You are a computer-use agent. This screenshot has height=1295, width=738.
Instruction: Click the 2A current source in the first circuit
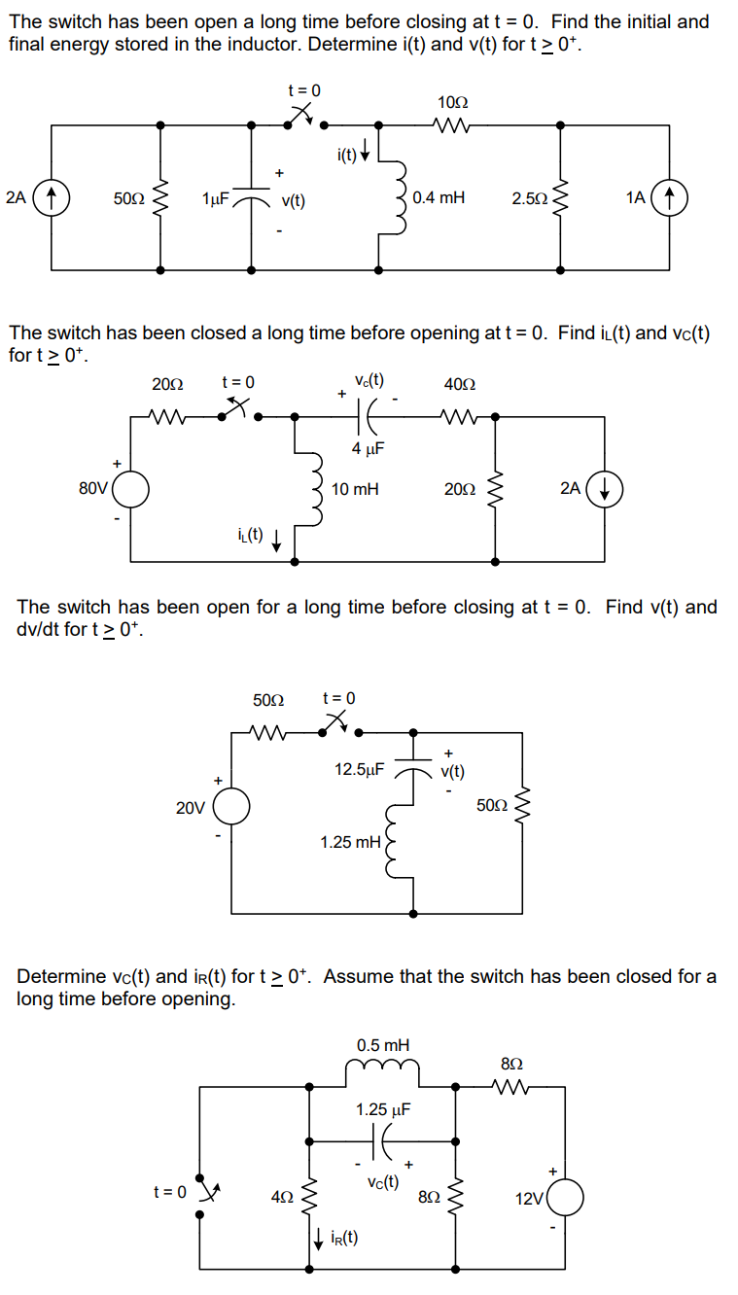pyautogui.click(x=52, y=198)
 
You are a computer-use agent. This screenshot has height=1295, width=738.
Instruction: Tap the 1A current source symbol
pyautogui.click(x=669, y=198)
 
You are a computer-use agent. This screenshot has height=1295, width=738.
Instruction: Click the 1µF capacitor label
pyautogui.click(x=215, y=199)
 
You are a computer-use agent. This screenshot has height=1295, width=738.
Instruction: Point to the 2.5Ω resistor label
pyautogui.click(x=529, y=199)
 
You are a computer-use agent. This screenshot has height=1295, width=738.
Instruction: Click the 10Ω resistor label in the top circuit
pyautogui.click(x=452, y=102)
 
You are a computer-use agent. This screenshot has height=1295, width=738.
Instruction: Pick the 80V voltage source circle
pyautogui.click(x=131, y=489)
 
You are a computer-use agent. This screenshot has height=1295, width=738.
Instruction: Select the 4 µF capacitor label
pyautogui.click(x=369, y=448)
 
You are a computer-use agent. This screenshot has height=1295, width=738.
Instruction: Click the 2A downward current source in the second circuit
pyautogui.click(x=605, y=489)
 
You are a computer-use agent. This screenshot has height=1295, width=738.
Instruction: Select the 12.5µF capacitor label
pyautogui.click(x=359, y=769)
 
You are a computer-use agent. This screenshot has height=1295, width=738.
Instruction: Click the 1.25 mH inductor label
pyautogui.click(x=350, y=842)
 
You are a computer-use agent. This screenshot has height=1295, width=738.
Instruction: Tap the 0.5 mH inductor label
pyautogui.click(x=383, y=1045)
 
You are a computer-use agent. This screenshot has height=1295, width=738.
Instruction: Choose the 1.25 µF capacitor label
pyautogui.click(x=383, y=1109)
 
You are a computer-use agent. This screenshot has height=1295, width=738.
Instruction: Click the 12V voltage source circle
pyautogui.click(x=565, y=1199)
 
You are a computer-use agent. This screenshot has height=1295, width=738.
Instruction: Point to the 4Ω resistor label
pyautogui.click(x=282, y=1199)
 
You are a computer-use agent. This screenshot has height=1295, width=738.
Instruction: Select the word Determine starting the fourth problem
pyautogui.click(x=61, y=976)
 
